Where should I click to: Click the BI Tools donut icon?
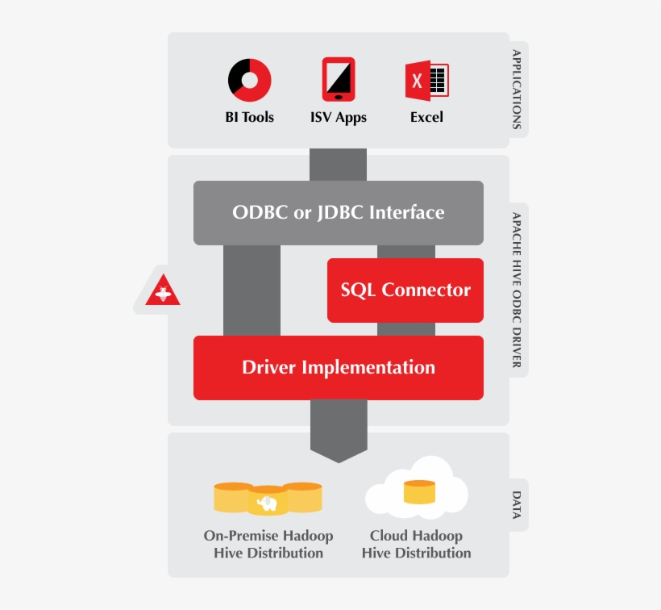click(249, 80)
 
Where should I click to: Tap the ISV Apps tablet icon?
click(339, 79)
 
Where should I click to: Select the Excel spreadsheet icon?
click(426, 81)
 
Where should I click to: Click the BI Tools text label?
click(249, 117)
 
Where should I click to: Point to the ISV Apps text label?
click(339, 117)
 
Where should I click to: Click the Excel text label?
click(426, 117)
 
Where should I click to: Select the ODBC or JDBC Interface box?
click(339, 212)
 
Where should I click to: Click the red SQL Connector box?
click(405, 290)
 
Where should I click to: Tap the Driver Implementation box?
click(339, 367)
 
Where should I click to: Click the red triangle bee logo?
click(162, 291)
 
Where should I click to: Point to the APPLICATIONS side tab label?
click(517, 90)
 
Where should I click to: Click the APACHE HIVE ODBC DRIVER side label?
click(517, 290)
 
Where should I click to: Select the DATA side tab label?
click(517, 505)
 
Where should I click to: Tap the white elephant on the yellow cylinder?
click(268, 503)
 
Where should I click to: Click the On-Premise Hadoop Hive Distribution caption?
click(268, 544)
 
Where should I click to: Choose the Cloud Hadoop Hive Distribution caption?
click(416, 544)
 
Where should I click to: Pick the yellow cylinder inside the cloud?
click(419, 491)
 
